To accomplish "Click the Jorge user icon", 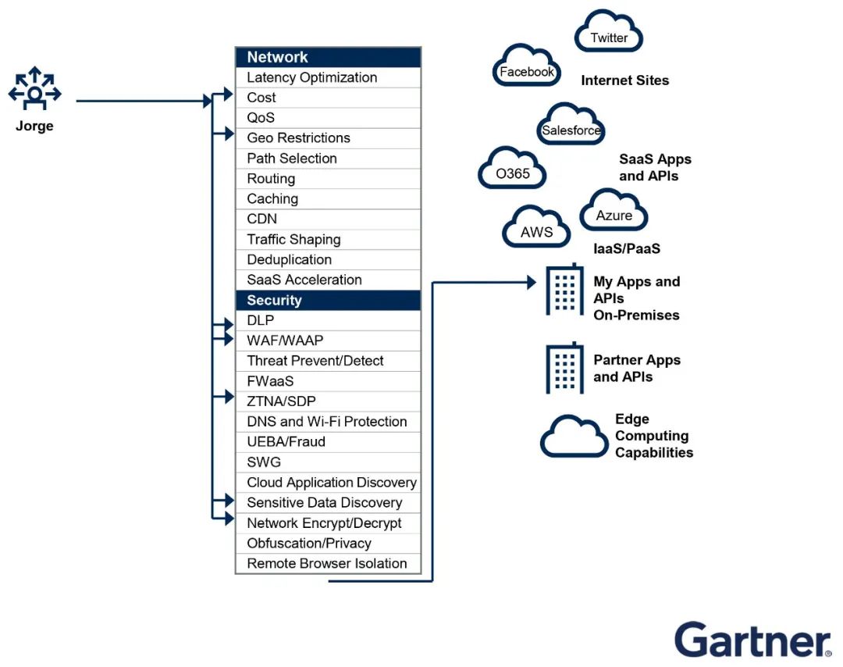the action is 34,88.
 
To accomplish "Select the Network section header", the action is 328,57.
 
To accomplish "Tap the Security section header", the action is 328,300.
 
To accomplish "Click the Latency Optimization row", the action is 328,77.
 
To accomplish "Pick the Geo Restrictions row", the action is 328,138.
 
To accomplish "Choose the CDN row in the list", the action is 328,219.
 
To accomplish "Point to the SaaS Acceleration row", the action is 328,280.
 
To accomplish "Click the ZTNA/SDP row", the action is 328,401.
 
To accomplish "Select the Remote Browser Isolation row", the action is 328,563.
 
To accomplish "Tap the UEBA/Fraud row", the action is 328,441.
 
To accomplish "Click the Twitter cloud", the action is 609,32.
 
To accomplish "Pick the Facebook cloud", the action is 526,66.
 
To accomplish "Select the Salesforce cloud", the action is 571,124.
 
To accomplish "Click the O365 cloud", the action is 512,168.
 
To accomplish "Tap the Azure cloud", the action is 614,210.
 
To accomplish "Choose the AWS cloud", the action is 536,226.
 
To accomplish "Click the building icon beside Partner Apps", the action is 564,368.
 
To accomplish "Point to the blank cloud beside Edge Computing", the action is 574,437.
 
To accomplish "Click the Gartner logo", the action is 753,640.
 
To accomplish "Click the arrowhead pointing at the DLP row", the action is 229,325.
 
